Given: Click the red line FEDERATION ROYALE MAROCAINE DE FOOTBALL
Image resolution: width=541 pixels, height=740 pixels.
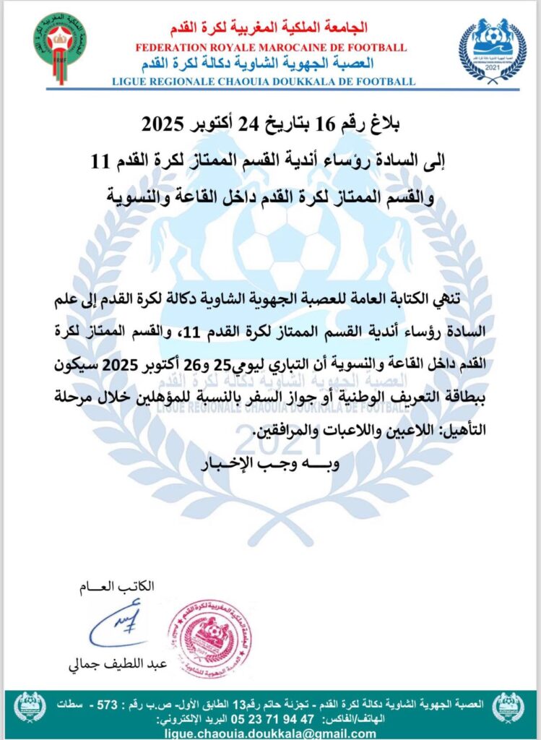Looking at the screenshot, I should (x=271, y=48).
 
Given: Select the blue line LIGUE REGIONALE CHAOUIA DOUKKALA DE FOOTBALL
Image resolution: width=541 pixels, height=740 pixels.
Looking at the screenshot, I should (x=264, y=82).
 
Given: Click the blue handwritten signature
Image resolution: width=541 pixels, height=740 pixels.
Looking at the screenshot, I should (x=119, y=625).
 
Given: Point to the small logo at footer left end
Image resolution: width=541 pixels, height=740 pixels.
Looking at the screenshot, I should (x=30, y=707).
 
